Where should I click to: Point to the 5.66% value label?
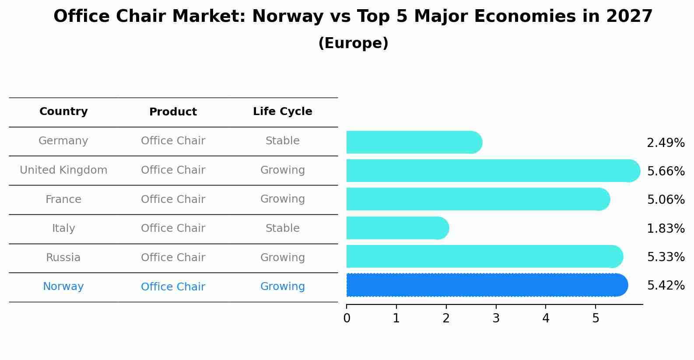click(x=666, y=171)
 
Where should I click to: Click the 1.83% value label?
click(x=666, y=228)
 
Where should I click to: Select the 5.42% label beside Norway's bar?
click(x=666, y=286)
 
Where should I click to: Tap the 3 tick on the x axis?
click(x=496, y=318)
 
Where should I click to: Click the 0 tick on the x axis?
click(x=347, y=318)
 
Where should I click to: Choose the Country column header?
click(x=63, y=112)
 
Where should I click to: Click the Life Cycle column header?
click(x=282, y=112)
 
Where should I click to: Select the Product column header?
click(x=173, y=112)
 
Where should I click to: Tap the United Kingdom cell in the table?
click(x=63, y=170)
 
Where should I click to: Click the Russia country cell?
click(x=63, y=258)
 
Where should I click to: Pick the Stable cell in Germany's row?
click(x=282, y=141)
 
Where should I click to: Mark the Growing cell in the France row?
click(x=282, y=199)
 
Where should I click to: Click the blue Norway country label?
click(x=63, y=287)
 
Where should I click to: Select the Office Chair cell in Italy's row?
click(x=173, y=228)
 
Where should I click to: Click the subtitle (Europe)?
click(x=353, y=43)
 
